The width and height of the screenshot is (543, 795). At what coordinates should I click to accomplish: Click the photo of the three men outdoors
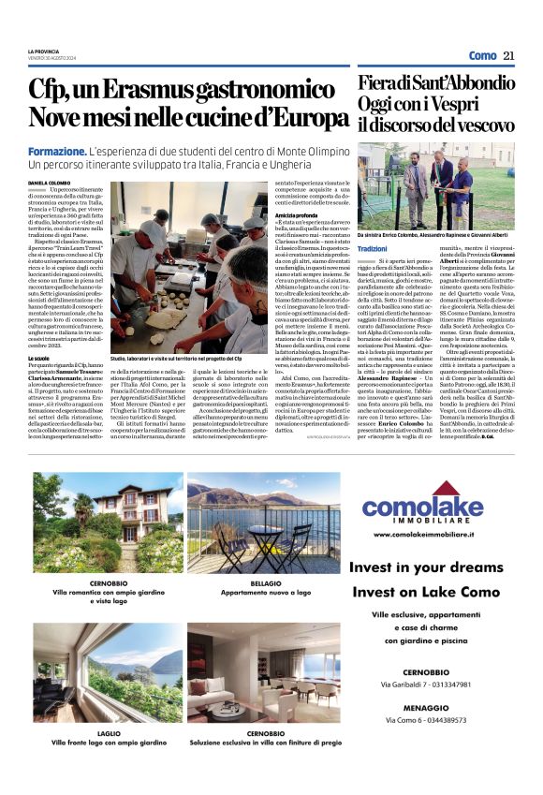click(x=434, y=184)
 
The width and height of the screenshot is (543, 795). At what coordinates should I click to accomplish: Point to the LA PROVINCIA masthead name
click(x=44, y=52)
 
